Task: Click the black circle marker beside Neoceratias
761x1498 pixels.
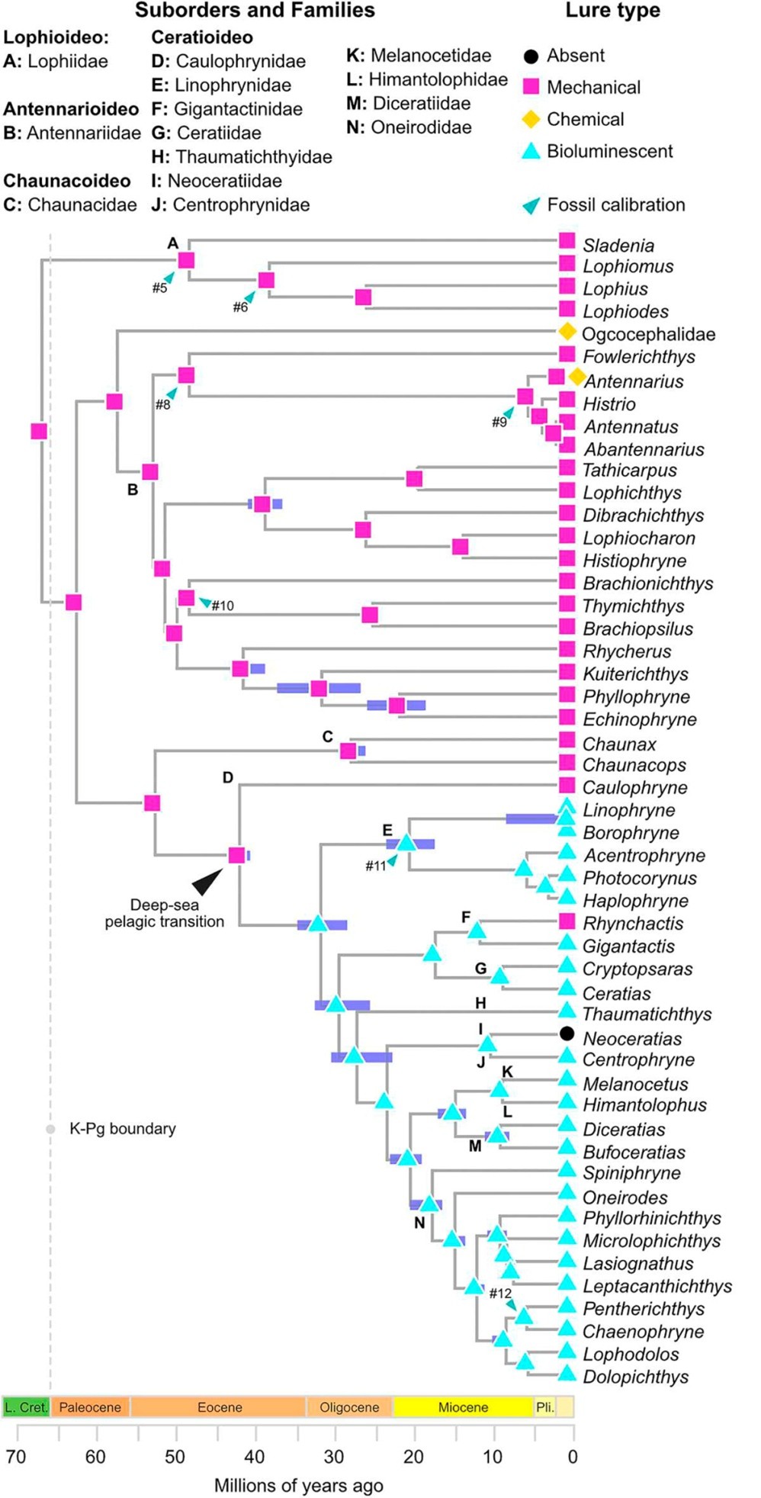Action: coord(567,1033)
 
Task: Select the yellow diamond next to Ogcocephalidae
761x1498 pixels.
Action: coord(567,331)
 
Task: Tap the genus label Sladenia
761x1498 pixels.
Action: coord(618,246)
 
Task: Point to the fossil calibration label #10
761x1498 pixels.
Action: coord(223,606)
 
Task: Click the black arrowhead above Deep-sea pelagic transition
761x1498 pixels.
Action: coord(208,881)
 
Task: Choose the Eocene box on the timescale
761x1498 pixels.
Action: coord(219,1407)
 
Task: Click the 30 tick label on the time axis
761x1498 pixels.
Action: coord(333,1457)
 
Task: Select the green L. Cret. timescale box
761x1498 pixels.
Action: coord(27,1407)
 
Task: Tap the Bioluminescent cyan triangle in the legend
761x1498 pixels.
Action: coord(531,151)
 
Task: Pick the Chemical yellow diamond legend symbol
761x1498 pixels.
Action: coord(531,119)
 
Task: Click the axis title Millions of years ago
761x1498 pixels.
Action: coord(299,1486)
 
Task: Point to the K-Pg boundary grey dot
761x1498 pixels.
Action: coord(50,1129)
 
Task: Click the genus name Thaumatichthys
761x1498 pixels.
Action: coord(647,1014)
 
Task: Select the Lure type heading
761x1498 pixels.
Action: coord(613,11)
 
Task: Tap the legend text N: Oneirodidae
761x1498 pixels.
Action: coord(409,127)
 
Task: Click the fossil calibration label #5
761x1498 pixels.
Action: coord(159,288)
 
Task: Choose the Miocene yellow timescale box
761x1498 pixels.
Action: coord(463,1407)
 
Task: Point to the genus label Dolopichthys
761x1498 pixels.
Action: coord(636,1377)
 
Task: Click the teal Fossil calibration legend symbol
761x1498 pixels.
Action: coord(531,205)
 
